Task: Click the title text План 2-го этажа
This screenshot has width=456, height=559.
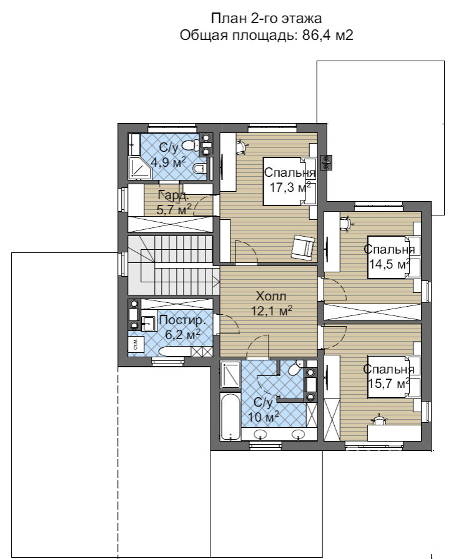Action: point(266,18)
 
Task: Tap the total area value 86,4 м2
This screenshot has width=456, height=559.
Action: point(328,36)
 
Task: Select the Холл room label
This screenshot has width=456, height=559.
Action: point(271,296)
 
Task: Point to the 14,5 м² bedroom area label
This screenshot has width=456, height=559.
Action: point(389,264)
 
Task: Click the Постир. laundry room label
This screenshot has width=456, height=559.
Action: point(182,320)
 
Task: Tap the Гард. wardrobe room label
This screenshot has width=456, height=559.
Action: point(173,195)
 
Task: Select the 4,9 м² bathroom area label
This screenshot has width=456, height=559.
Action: point(168,162)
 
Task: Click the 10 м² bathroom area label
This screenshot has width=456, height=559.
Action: point(263,417)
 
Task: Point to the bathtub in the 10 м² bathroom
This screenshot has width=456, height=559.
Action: point(230,416)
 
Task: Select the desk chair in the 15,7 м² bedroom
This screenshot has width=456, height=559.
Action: point(379,419)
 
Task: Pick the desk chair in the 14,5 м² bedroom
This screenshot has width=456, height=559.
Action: point(345,222)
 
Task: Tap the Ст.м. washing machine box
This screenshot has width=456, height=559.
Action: point(136,344)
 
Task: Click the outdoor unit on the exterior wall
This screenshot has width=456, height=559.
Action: point(327,162)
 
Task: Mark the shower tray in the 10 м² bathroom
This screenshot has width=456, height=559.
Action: point(230,374)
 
